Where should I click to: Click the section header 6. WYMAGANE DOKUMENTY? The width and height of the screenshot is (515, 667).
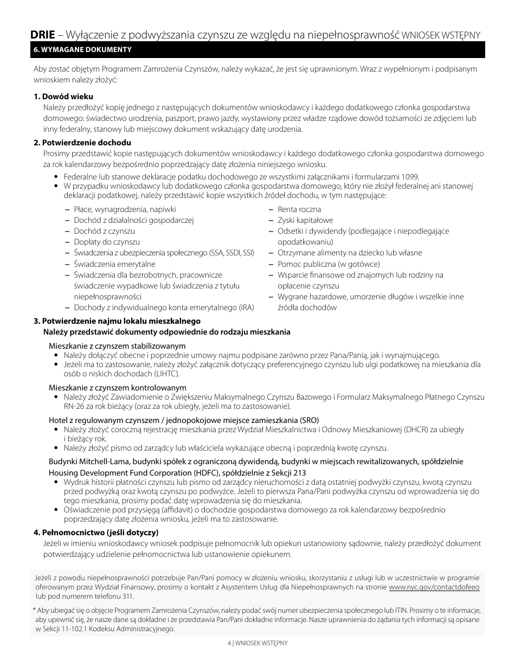coord(83,49)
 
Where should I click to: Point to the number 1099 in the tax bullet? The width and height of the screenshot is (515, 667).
coord(410,176)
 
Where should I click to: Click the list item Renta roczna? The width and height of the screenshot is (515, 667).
coord(299,209)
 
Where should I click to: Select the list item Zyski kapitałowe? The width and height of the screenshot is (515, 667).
coord(305,220)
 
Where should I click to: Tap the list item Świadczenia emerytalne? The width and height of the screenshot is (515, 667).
coord(114,264)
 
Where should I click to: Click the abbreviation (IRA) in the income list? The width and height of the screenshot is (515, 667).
coord(246,307)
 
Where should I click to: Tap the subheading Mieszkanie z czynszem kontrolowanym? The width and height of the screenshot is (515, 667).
coord(118,388)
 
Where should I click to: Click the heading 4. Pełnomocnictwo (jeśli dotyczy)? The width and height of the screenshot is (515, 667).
coord(96,531)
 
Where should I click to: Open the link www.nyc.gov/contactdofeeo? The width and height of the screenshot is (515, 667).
coord(434,587)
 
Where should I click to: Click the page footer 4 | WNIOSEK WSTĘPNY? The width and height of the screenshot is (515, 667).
coord(257,643)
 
